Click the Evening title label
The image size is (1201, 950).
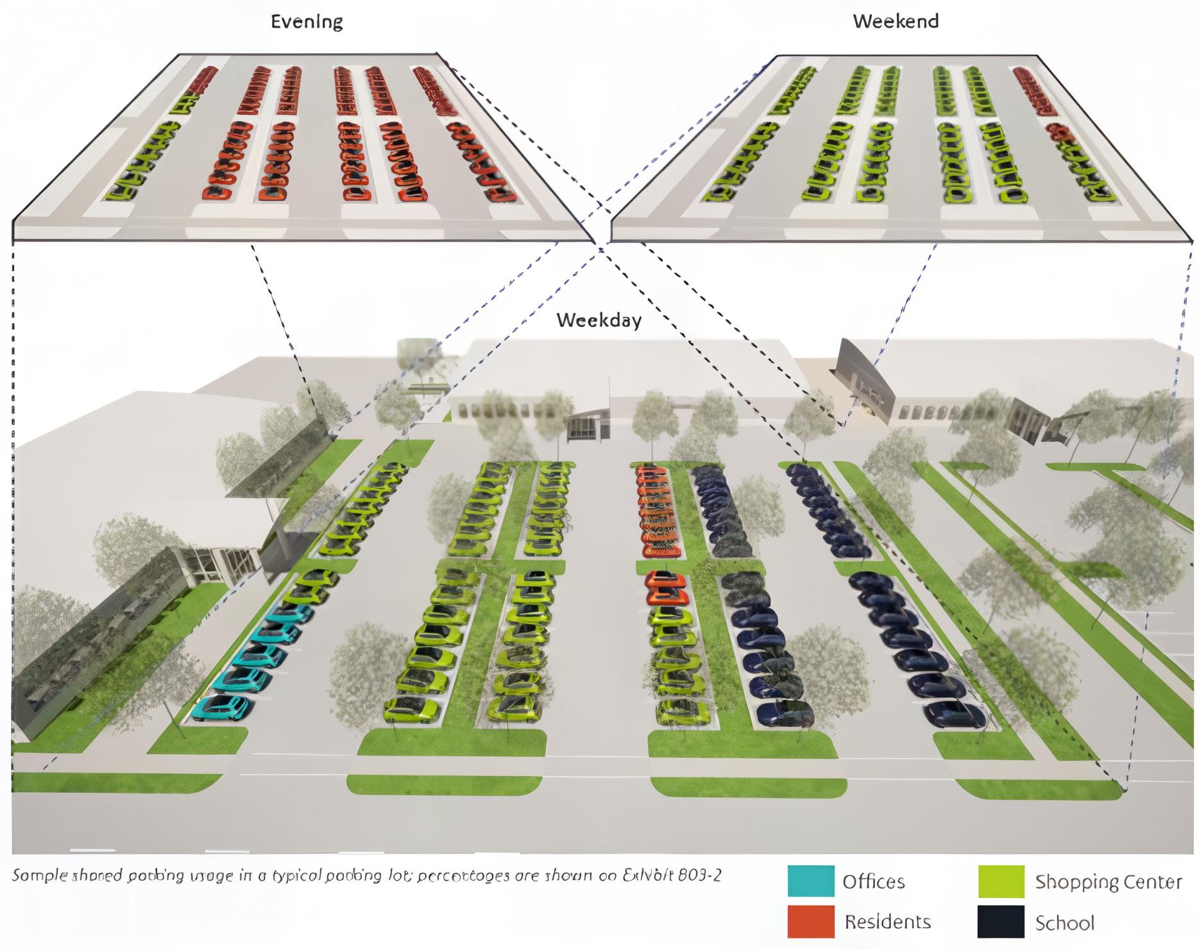point(307,22)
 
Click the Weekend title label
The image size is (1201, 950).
point(895,21)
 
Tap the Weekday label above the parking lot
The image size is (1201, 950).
point(599,320)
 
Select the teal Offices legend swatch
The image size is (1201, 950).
point(811,881)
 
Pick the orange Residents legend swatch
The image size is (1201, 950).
point(811,921)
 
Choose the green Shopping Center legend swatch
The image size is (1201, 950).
point(1001,881)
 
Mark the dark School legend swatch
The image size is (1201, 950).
point(1001,922)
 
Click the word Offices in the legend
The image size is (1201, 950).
point(874,881)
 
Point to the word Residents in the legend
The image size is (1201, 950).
point(887,922)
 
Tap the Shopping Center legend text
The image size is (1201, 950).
point(1108,882)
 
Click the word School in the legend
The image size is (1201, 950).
point(1064,923)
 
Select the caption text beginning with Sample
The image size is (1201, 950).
point(366,875)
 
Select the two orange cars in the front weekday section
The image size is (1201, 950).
point(665,588)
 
